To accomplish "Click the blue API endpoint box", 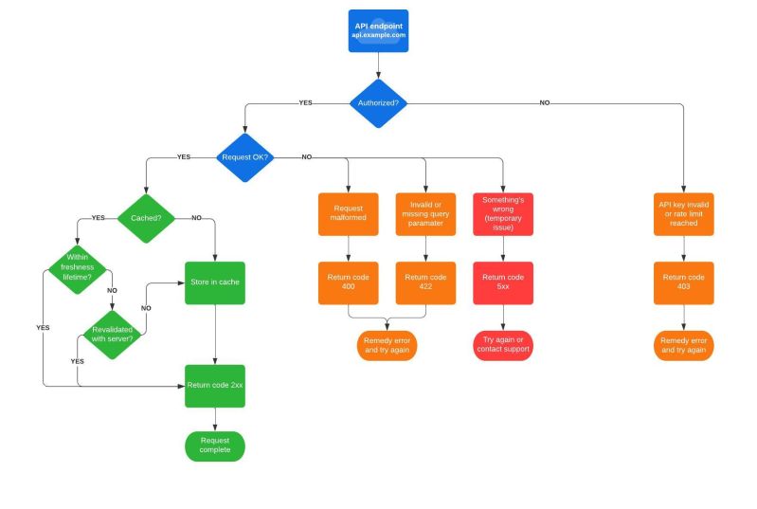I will [378, 30].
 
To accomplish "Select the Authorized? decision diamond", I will [378, 101].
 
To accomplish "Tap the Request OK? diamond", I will [245, 156].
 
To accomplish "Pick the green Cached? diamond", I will [146, 217].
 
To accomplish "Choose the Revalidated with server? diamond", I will [113, 334].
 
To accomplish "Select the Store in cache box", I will [215, 282].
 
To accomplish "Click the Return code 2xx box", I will [215, 386].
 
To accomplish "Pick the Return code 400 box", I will [348, 282].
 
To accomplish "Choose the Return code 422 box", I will [425, 282].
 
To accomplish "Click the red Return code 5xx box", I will [503, 282].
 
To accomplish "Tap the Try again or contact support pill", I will [503, 345].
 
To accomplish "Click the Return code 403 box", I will [685, 282].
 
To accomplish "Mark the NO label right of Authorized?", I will [545, 101].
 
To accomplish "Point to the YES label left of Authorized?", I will [305, 101].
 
